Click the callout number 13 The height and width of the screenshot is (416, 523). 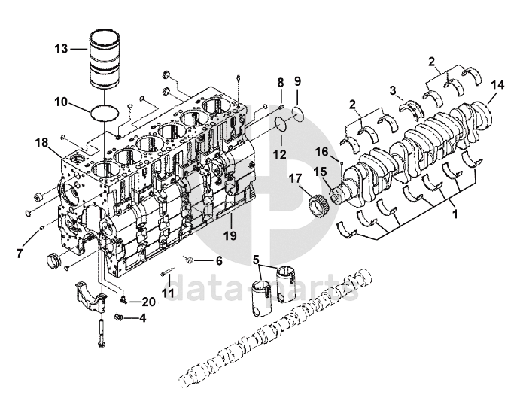point(60,49)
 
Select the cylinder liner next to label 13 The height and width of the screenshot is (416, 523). point(105,59)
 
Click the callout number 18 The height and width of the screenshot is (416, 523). point(41,141)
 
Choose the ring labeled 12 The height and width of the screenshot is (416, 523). point(280,129)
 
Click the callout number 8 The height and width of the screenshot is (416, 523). point(279,82)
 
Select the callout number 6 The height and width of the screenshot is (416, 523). point(219,261)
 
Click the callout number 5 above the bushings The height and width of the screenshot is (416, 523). point(257,259)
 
